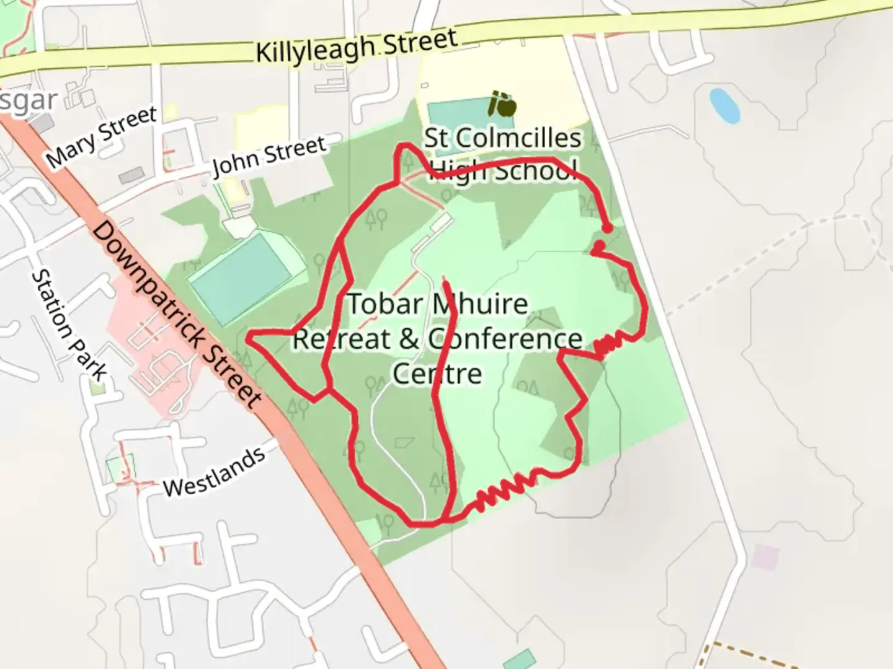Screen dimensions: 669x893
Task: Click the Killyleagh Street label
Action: (357, 46)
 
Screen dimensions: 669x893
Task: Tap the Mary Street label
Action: (102, 137)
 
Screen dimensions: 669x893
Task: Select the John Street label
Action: (269, 155)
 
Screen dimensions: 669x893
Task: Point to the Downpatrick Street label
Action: (177, 316)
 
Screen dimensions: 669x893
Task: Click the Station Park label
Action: (69, 325)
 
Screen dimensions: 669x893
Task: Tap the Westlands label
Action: (214, 472)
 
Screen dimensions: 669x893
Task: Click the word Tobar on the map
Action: (385, 304)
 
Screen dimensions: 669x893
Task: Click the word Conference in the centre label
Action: (505, 339)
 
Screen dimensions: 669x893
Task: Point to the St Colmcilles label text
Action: (503, 138)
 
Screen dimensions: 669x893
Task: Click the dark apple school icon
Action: (502, 105)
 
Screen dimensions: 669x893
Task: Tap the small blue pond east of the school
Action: (724, 105)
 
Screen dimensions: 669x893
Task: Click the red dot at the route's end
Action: (608, 229)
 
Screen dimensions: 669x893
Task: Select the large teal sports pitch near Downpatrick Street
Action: (239, 278)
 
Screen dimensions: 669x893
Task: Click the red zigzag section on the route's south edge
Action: (505, 489)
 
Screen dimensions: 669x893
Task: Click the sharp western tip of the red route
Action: (248, 338)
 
